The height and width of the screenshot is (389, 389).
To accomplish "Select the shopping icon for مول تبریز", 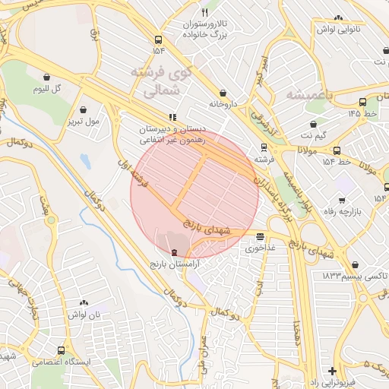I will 94,109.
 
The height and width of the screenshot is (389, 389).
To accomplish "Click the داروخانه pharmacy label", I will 224,104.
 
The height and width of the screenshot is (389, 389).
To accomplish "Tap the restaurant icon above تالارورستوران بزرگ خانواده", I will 204,13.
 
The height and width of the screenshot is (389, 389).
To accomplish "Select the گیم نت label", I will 313,135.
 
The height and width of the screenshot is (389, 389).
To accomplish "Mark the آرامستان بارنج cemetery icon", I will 176,251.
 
